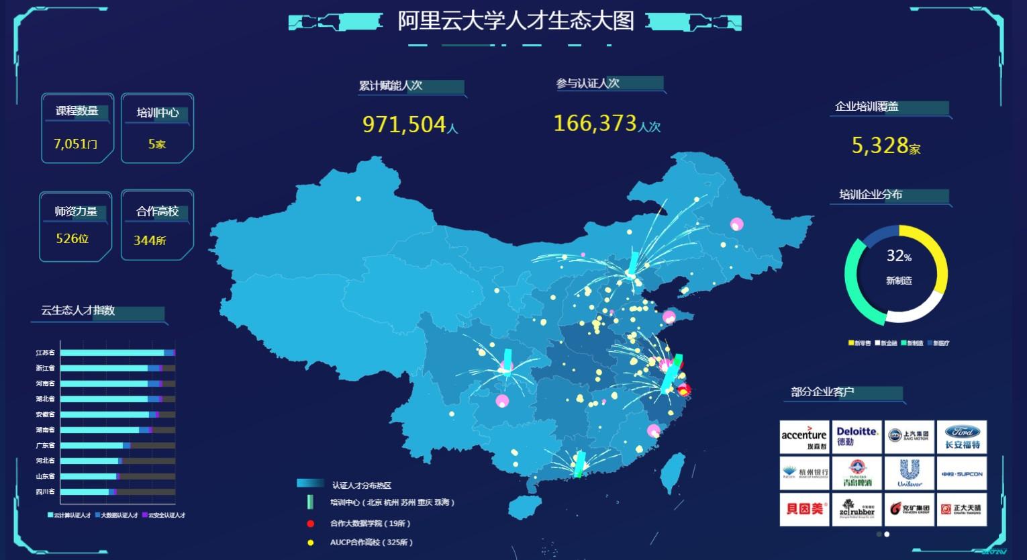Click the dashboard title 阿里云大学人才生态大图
(516, 21)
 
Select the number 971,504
(404, 124)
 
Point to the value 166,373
(595, 123)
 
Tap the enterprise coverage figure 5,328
(880, 145)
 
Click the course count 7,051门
(76, 144)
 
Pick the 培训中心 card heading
(158, 113)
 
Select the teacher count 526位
(72, 238)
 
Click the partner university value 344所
(150, 240)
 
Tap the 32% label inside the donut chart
(899, 256)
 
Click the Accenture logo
(804, 437)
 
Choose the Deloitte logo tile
(857, 437)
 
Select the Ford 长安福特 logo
(962, 437)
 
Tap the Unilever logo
(910, 473)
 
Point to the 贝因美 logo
(804, 510)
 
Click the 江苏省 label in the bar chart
(46, 353)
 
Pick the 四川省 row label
(46, 492)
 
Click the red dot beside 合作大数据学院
(310, 524)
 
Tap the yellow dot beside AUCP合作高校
(310, 543)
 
